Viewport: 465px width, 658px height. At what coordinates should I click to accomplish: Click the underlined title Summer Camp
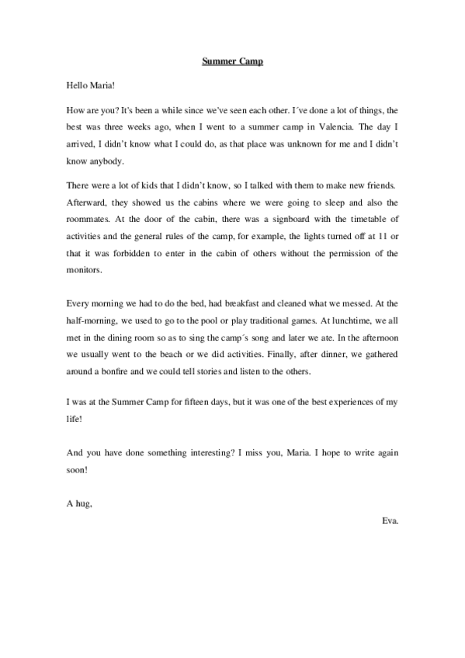coord(233,61)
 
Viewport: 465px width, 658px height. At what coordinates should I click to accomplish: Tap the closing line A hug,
coord(81,504)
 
